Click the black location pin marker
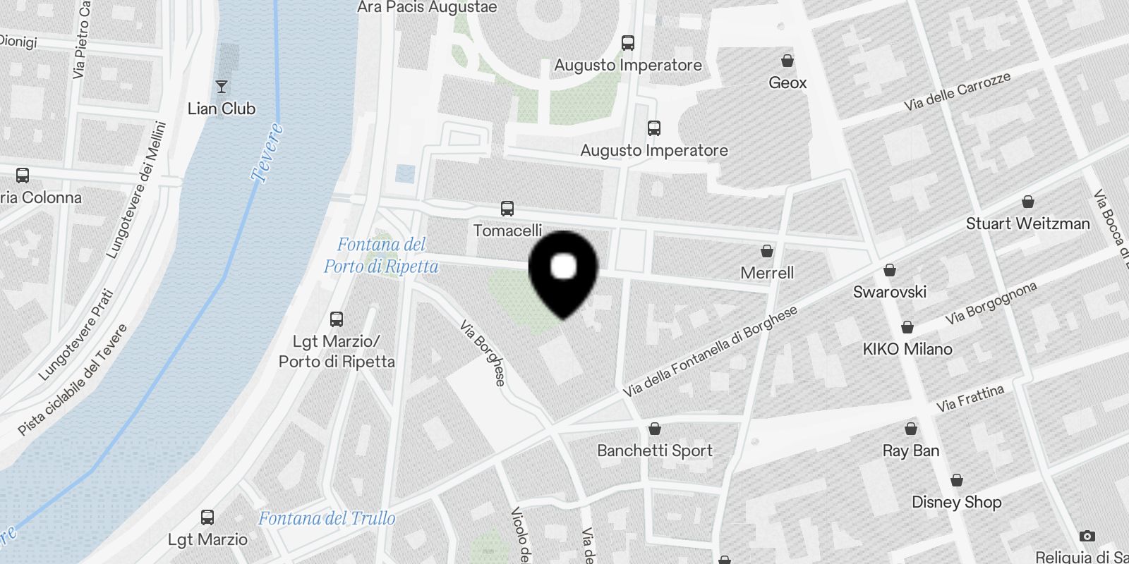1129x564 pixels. point(563,271)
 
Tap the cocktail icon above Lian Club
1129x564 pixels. point(222,87)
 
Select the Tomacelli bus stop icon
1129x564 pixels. point(507,209)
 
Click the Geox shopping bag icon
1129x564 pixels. point(787,61)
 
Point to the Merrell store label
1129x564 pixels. point(767,273)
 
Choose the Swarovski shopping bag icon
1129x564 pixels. point(890,270)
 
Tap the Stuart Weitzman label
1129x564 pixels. point(1027,223)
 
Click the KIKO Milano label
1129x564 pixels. point(907,349)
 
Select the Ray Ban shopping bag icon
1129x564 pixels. point(911,429)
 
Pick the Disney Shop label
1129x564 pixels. point(956,502)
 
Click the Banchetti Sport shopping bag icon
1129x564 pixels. point(655,429)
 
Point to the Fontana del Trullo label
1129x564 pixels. point(327,519)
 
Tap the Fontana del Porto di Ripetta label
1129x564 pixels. point(381,255)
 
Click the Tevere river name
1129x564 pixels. point(267,152)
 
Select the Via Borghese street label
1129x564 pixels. point(483,353)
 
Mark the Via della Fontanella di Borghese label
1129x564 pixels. point(710,351)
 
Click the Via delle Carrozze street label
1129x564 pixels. point(958,92)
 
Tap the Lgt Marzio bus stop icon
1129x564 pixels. point(207,517)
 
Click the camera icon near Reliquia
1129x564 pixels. point(1087,536)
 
